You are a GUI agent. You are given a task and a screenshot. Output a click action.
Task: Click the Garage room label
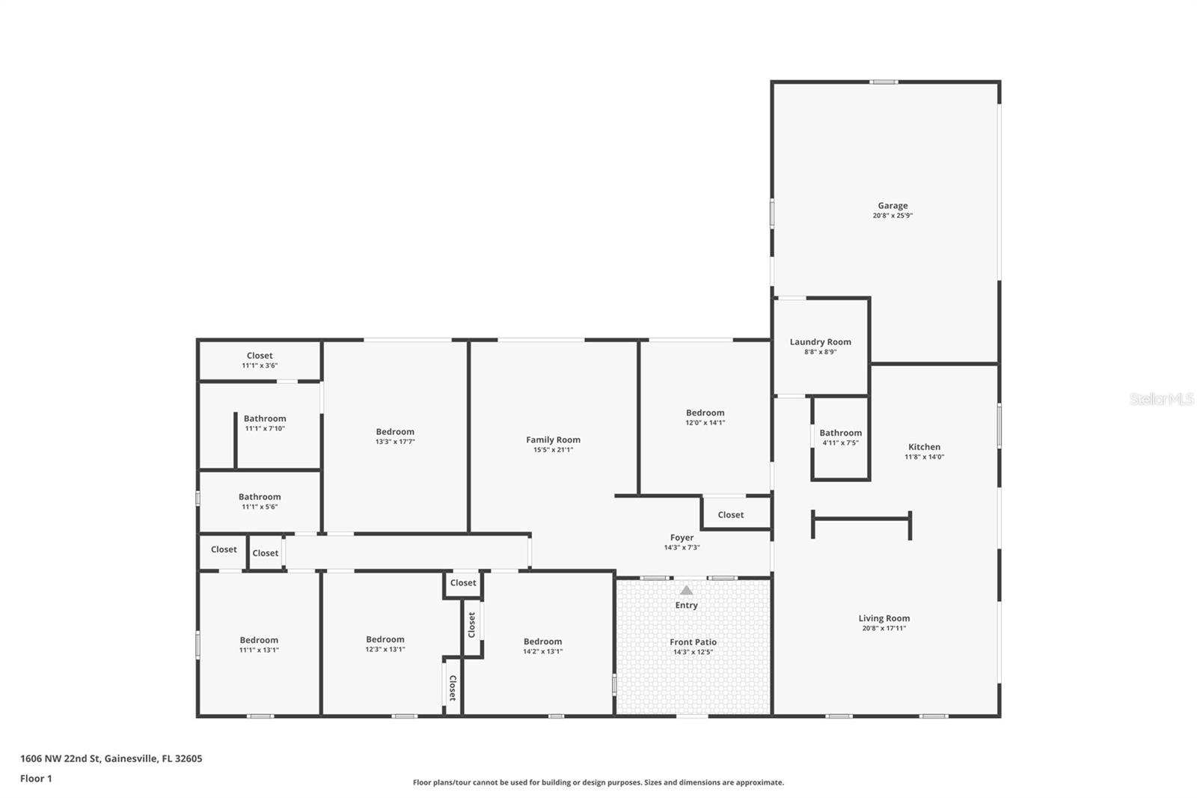click(x=893, y=205)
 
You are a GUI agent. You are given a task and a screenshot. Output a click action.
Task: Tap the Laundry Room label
click(x=820, y=342)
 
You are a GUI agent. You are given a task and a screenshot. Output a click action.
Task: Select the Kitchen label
click(x=924, y=447)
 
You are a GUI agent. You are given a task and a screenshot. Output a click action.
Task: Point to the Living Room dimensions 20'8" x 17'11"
click(x=884, y=629)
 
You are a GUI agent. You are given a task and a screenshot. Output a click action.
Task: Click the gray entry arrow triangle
click(x=686, y=590)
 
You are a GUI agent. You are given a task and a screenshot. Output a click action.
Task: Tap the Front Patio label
click(x=693, y=642)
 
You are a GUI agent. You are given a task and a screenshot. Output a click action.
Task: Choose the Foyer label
click(x=682, y=537)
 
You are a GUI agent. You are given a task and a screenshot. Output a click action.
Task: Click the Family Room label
click(x=553, y=440)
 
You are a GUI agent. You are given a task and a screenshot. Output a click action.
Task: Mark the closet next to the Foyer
click(x=730, y=515)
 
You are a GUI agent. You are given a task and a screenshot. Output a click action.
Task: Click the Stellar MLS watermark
click(x=1161, y=399)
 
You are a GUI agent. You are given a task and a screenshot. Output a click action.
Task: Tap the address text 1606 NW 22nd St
click(x=111, y=758)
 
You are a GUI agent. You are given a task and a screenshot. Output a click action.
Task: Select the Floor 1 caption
click(x=36, y=779)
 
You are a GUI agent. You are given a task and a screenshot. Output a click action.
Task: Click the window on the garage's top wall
click(x=884, y=82)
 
